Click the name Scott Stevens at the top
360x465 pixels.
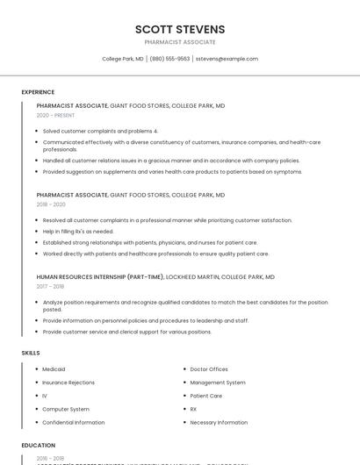coord(180,29)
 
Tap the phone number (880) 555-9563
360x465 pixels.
coord(169,59)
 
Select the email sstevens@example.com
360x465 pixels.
coord(227,59)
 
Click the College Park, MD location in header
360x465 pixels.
coord(122,59)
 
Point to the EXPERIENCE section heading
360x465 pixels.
coord(38,92)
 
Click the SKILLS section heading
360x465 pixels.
coord(31,353)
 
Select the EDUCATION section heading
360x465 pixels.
coord(39,445)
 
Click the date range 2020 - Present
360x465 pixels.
coord(55,115)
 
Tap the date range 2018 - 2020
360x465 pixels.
coord(51,204)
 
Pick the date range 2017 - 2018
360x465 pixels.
coord(50,286)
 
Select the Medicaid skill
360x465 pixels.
coord(54,369)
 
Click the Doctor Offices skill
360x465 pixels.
coord(209,369)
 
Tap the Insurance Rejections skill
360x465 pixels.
coord(68,383)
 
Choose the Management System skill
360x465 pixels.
coord(218,383)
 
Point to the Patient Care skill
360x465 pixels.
coord(206,396)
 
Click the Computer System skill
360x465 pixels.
coord(66,409)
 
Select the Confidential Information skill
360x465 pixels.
coord(74,422)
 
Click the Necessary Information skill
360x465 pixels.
coord(219,422)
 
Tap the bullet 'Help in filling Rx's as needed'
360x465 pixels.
coord(78,231)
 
